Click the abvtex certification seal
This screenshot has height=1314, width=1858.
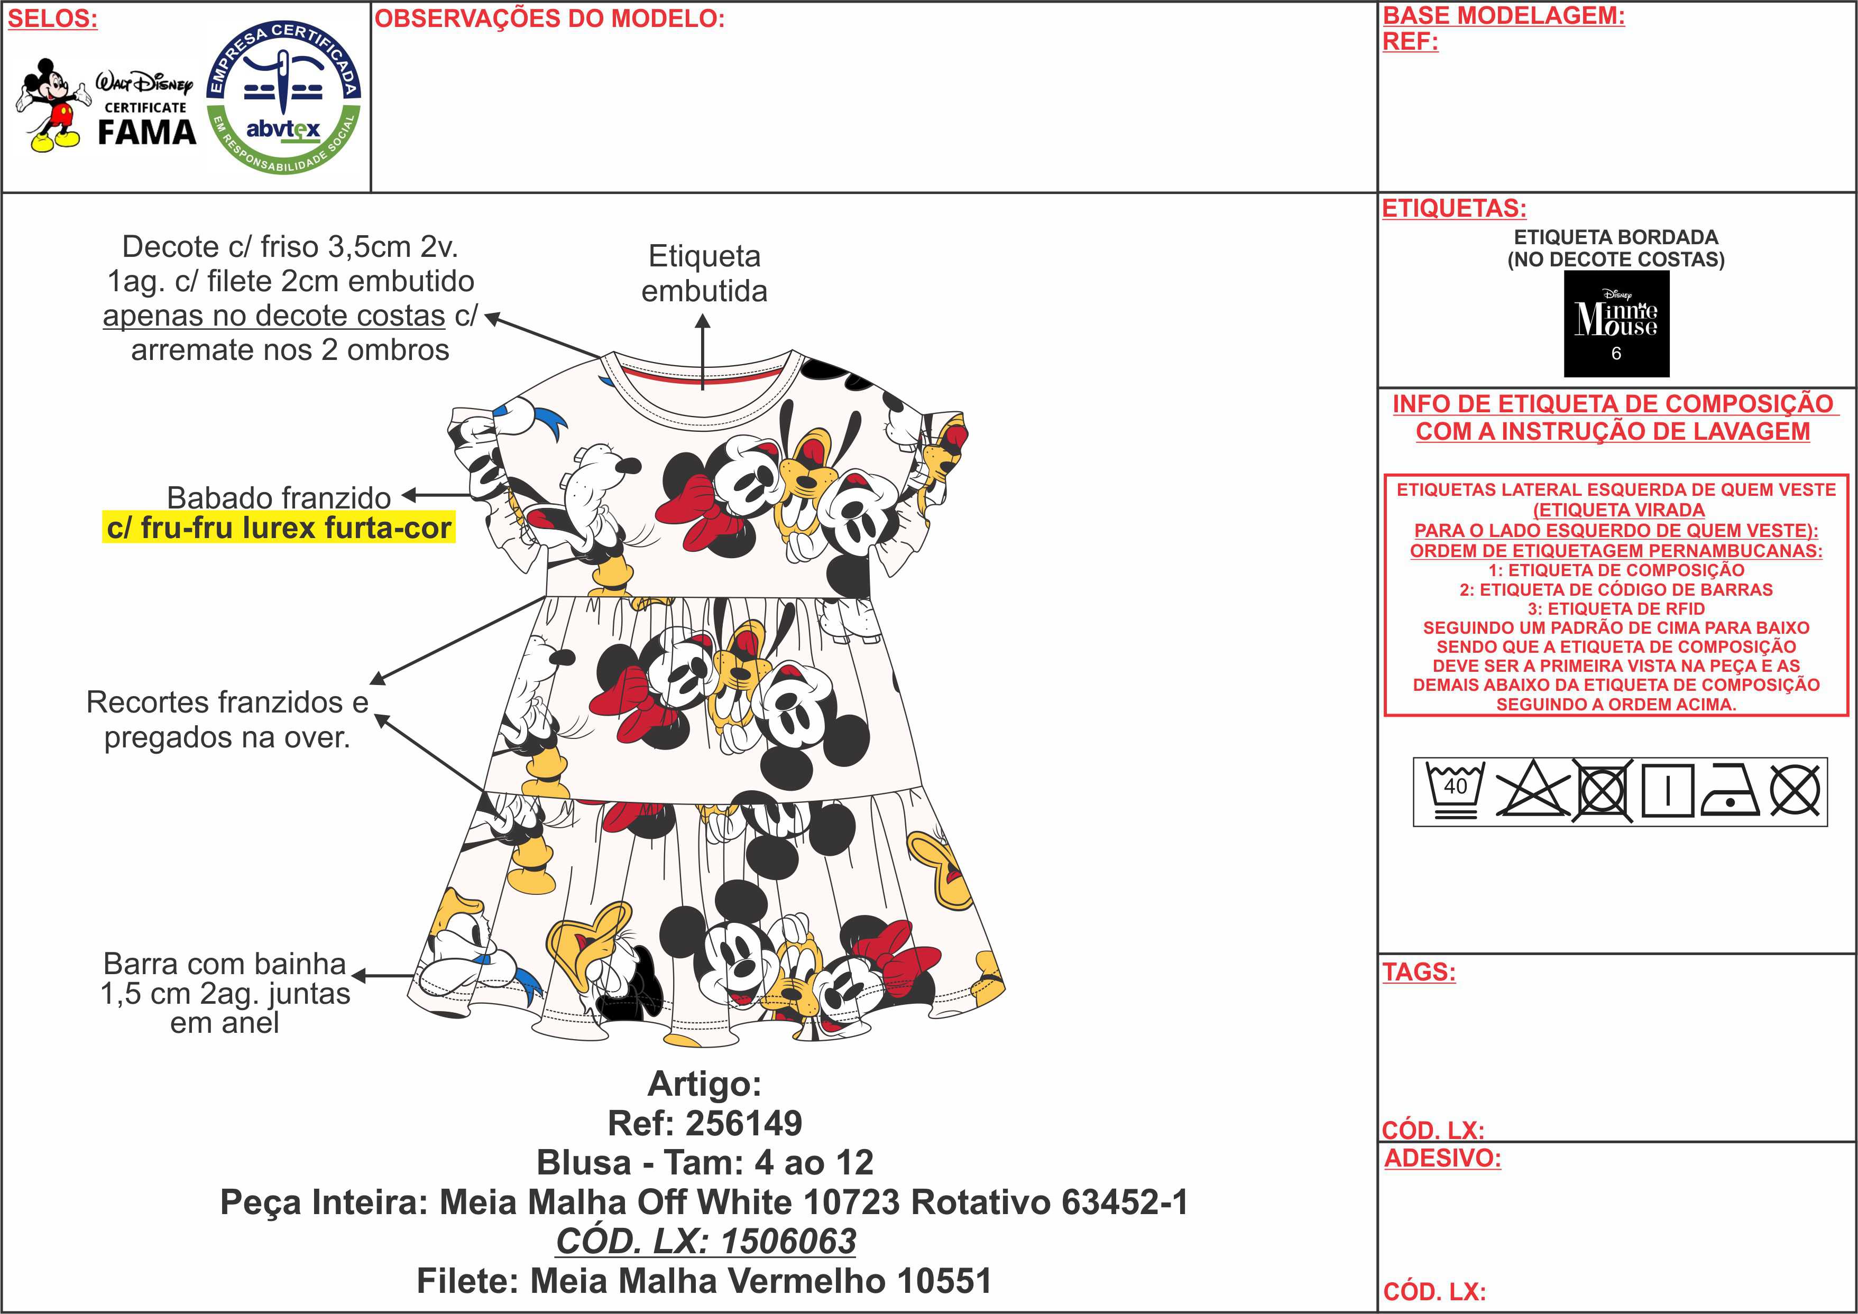coord(283,97)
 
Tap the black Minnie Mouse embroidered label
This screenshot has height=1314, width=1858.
coord(1616,323)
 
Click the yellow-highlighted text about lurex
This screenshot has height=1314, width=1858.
coord(278,528)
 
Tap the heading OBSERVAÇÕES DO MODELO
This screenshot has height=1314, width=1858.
coord(549,18)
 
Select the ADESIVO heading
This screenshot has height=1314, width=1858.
coord(1442,1158)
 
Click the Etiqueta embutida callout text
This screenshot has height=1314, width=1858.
coord(704,273)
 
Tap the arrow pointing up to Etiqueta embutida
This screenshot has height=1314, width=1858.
coord(702,352)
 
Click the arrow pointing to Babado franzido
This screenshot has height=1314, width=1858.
coord(435,495)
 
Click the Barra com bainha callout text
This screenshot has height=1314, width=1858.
coord(225,993)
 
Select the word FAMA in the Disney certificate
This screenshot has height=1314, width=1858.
coord(148,132)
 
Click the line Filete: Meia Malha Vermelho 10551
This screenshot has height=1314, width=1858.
coord(704,1281)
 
